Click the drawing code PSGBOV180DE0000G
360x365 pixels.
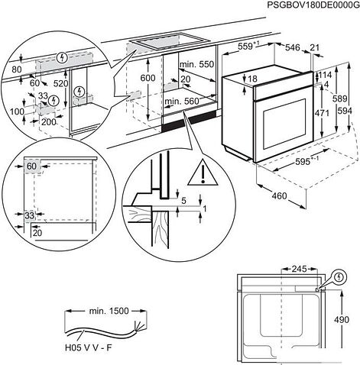(x=313, y=5)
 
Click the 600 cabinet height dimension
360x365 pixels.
(x=148, y=78)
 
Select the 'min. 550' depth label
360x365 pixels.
(x=196, y=64)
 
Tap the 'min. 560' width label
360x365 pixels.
(x=181, y=102)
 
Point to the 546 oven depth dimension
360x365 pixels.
(x=293, y=47)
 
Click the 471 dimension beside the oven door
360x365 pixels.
(x=322, y=113)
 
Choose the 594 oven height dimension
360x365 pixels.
(x=345, y=111)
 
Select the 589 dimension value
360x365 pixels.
(x=340, y=99)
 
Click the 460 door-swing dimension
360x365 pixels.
(x=279, y=196)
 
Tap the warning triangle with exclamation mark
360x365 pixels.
(x=203, y=173)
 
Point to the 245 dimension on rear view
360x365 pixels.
(x=299, y=269)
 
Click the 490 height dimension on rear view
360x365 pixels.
(x=342, y=319)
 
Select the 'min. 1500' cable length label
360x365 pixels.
(x=109, y=311)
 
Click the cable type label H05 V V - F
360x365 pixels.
(x=88, y=347)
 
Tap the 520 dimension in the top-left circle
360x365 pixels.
(x=61, y=83)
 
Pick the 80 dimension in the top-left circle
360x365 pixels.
(x=17, y=69)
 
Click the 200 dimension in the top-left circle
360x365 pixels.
(x=48, y=122)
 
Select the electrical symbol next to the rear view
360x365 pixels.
(x=339, y=277)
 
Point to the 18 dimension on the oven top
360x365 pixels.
(x=252, y=79)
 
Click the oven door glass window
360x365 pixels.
(x=284, y=124)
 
